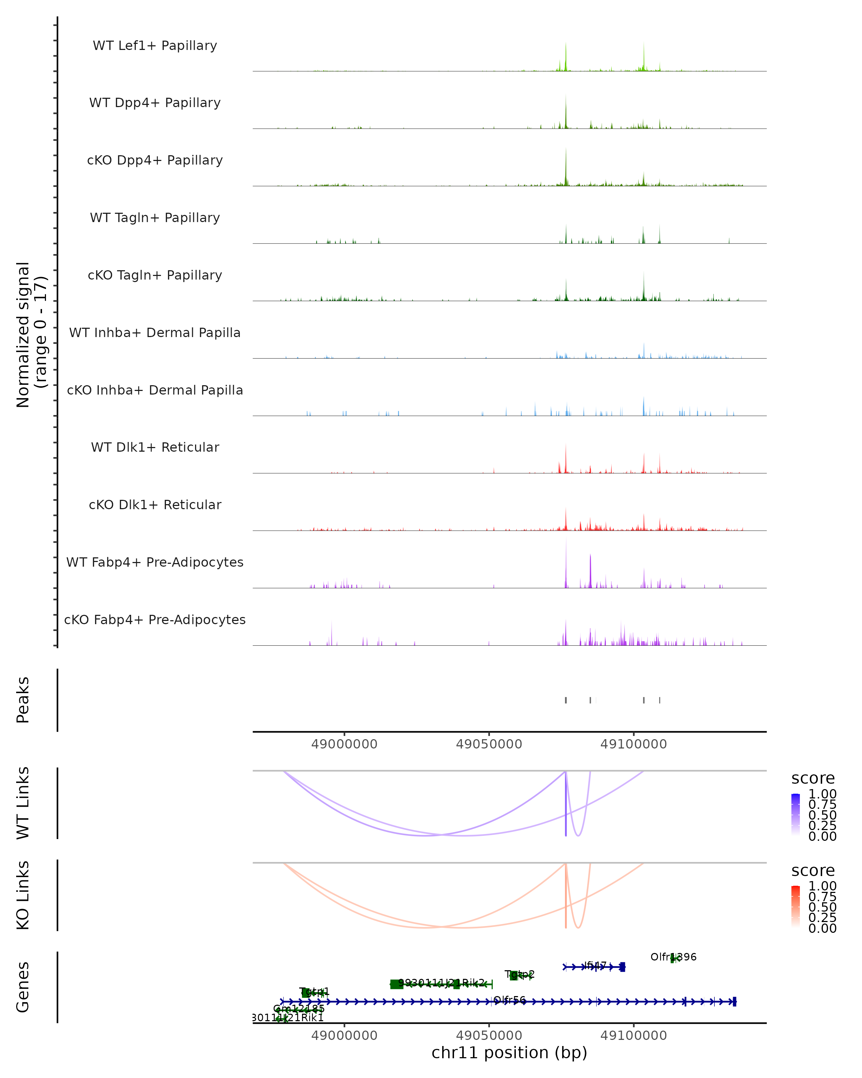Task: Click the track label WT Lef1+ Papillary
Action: (x=155, y=46)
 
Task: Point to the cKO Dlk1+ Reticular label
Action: (x=155, y=505)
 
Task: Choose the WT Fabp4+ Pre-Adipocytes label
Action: (x=155, y=562)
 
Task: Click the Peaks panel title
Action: (x=23, y=700)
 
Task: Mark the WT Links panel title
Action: (x=23, y=802)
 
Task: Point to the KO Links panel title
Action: (x=23, y=895)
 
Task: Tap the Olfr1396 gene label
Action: (x=673, y=957)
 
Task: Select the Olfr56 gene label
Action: (x=510, y=1000)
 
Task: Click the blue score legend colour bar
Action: (x=796, y=815)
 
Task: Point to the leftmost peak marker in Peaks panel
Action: (x=566, y=700)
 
